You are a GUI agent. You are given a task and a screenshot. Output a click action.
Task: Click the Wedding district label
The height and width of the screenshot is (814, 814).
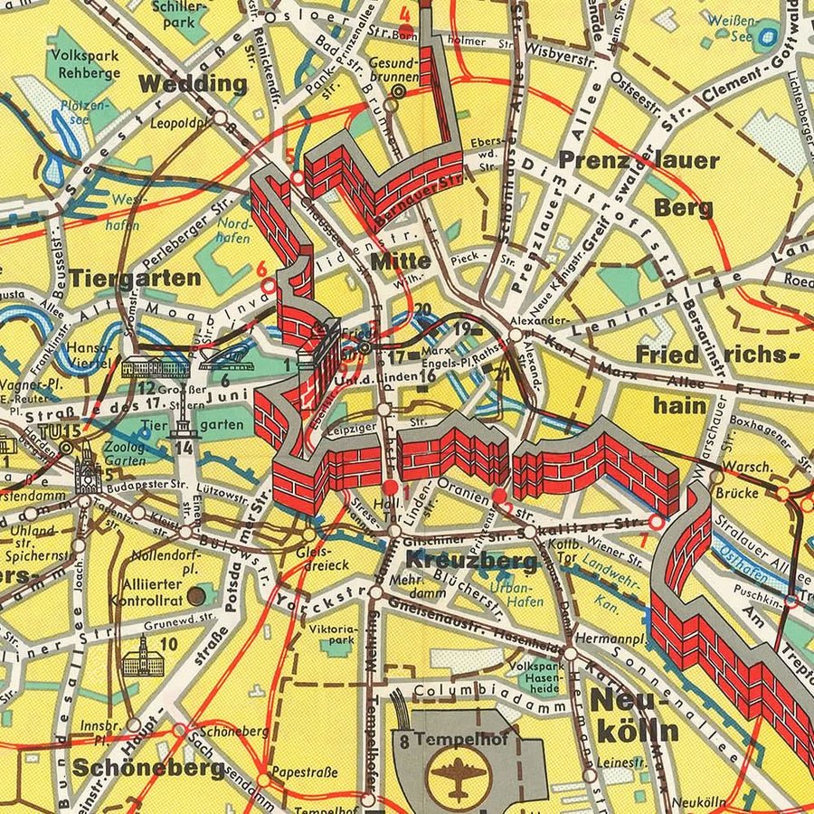(x=192, y=84)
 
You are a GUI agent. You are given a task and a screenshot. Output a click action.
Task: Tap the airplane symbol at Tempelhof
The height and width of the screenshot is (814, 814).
(x=453, y=774)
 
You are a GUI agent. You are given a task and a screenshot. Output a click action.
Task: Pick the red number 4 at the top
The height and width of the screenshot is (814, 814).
(x=404, y=15)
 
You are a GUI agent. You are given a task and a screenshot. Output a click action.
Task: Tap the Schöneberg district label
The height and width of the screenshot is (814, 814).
(x=148, y=768)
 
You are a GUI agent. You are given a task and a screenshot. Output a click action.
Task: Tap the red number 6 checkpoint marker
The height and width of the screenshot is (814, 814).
(x=261, y=269)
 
